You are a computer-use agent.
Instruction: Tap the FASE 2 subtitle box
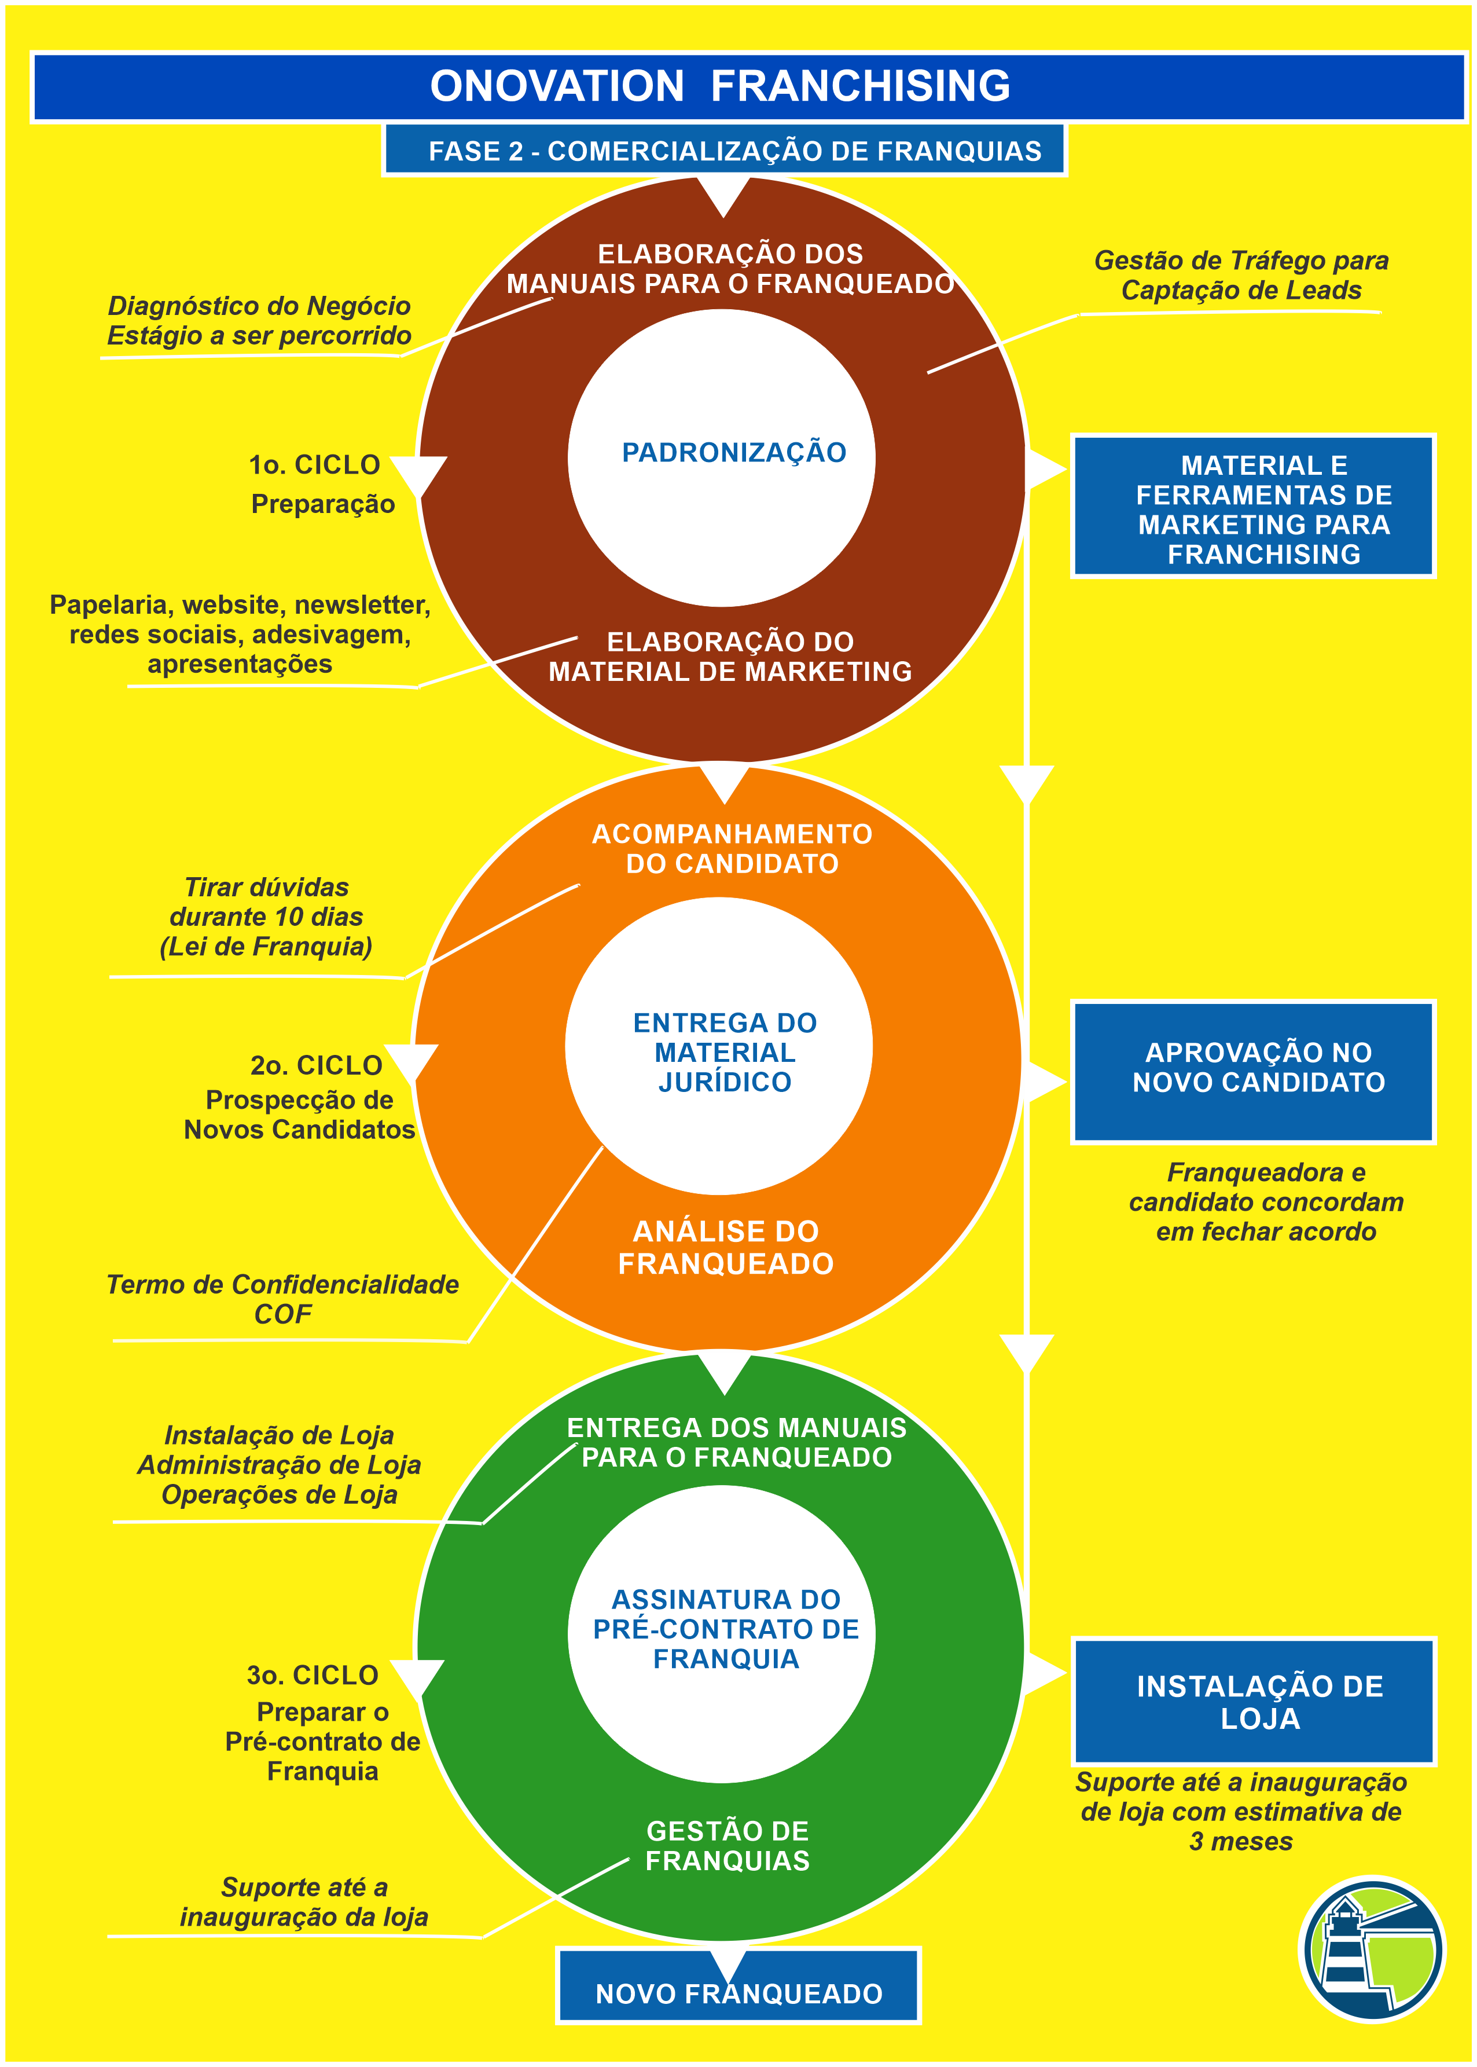pos(725,150)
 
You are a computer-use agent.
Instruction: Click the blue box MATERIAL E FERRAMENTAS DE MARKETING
pos(1252,507)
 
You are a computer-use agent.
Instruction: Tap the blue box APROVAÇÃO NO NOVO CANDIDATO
pos(1252,1071)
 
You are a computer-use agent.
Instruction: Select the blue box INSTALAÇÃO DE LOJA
pos(1252,1701)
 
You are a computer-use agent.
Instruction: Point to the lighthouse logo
pos(1372,1949)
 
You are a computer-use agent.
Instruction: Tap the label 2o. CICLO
pos(315,1064)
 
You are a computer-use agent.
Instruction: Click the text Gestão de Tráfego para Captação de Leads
pos(1240,275)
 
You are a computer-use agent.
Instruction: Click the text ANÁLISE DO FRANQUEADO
pos(726,1247)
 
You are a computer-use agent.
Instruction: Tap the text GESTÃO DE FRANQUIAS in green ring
pos(728,1845)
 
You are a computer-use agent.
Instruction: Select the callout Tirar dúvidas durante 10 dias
pos(266,916)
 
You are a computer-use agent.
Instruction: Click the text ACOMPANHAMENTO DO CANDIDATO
pos(732,848)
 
